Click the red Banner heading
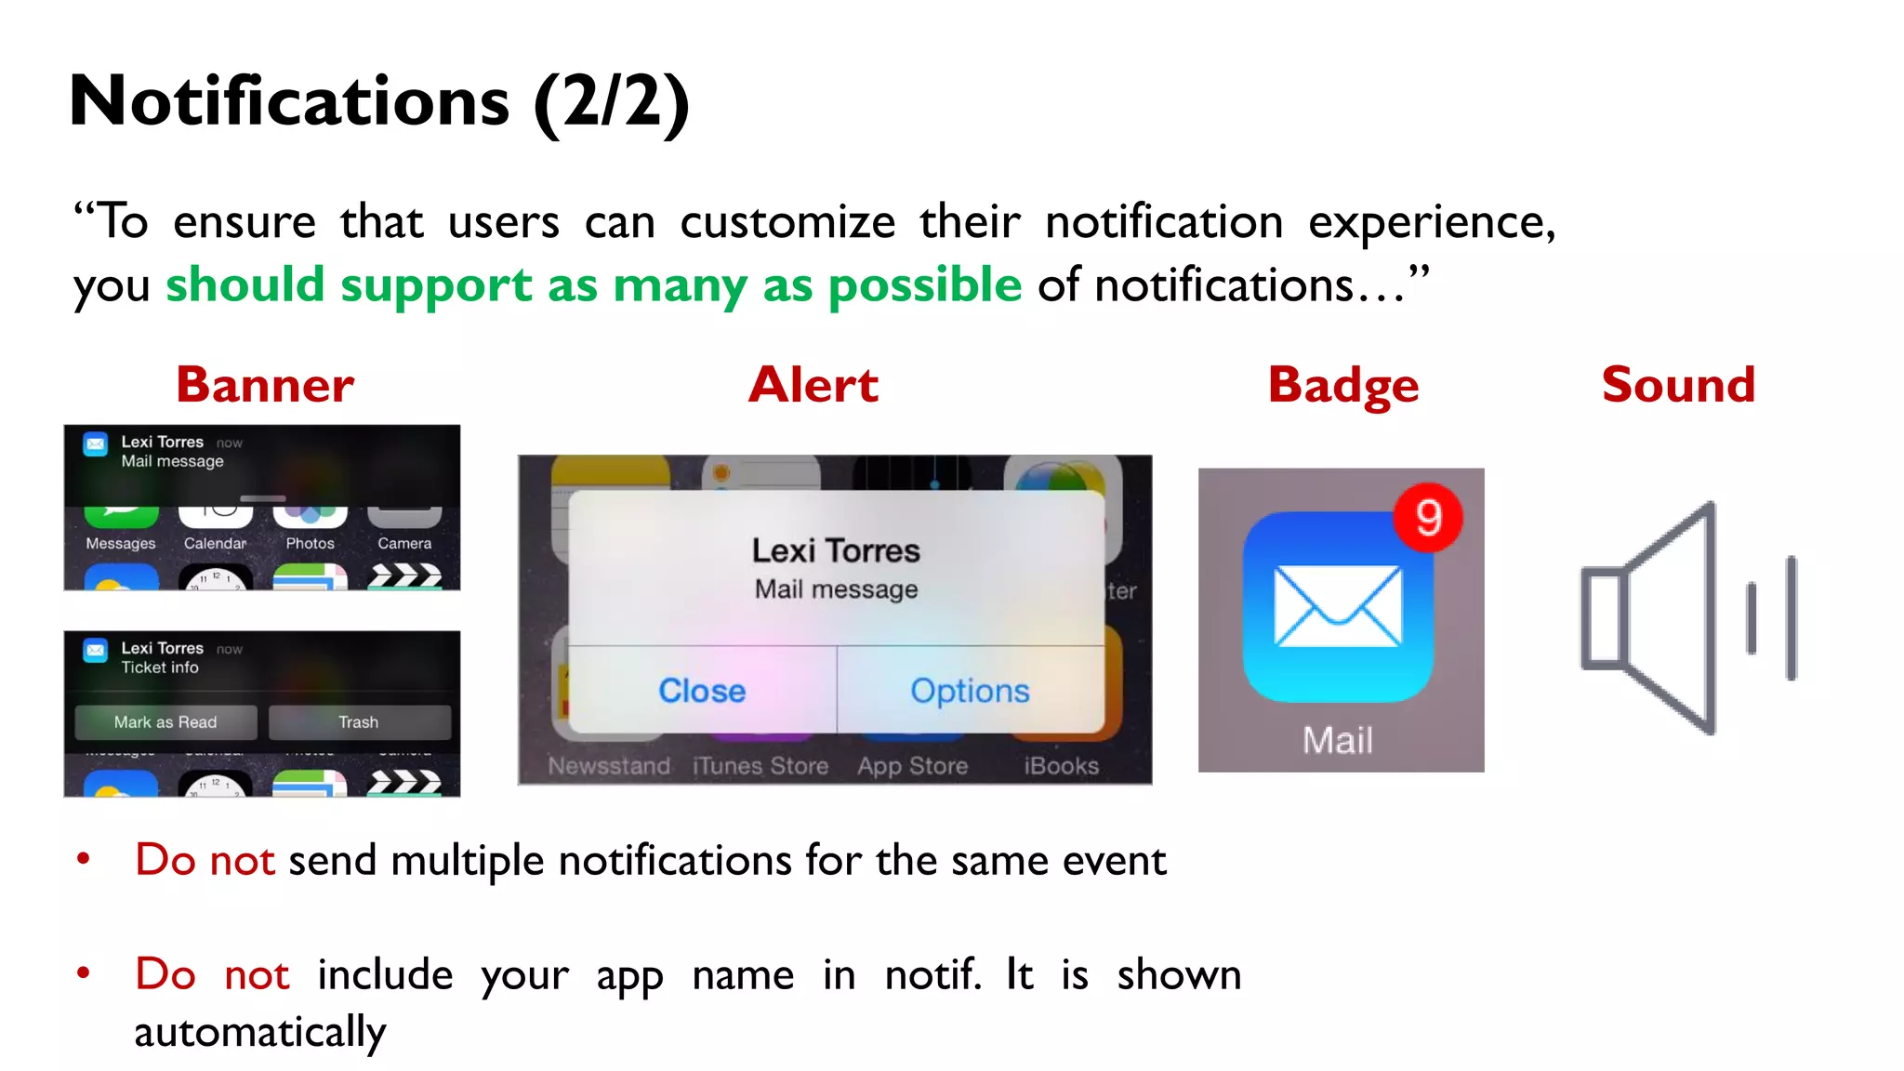coord(265,385)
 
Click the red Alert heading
coord(813,385)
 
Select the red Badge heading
coord(1343,386)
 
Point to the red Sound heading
coord(1678,385)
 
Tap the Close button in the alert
coord(702,691)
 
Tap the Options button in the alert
coord(970,691)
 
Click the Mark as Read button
coord(165,722)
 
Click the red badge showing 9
coord(1428,518)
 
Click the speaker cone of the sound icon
coord(1664,617)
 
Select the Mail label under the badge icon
coord(1338,741)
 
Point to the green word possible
coord(924,284)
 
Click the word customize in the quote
coord(787,222)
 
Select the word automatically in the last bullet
coord(260,1032)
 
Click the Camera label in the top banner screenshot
coord(404,544)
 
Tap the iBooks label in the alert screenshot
coord(1061,766)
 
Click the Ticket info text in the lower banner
coord(160,668)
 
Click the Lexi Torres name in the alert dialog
coord(836,550)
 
